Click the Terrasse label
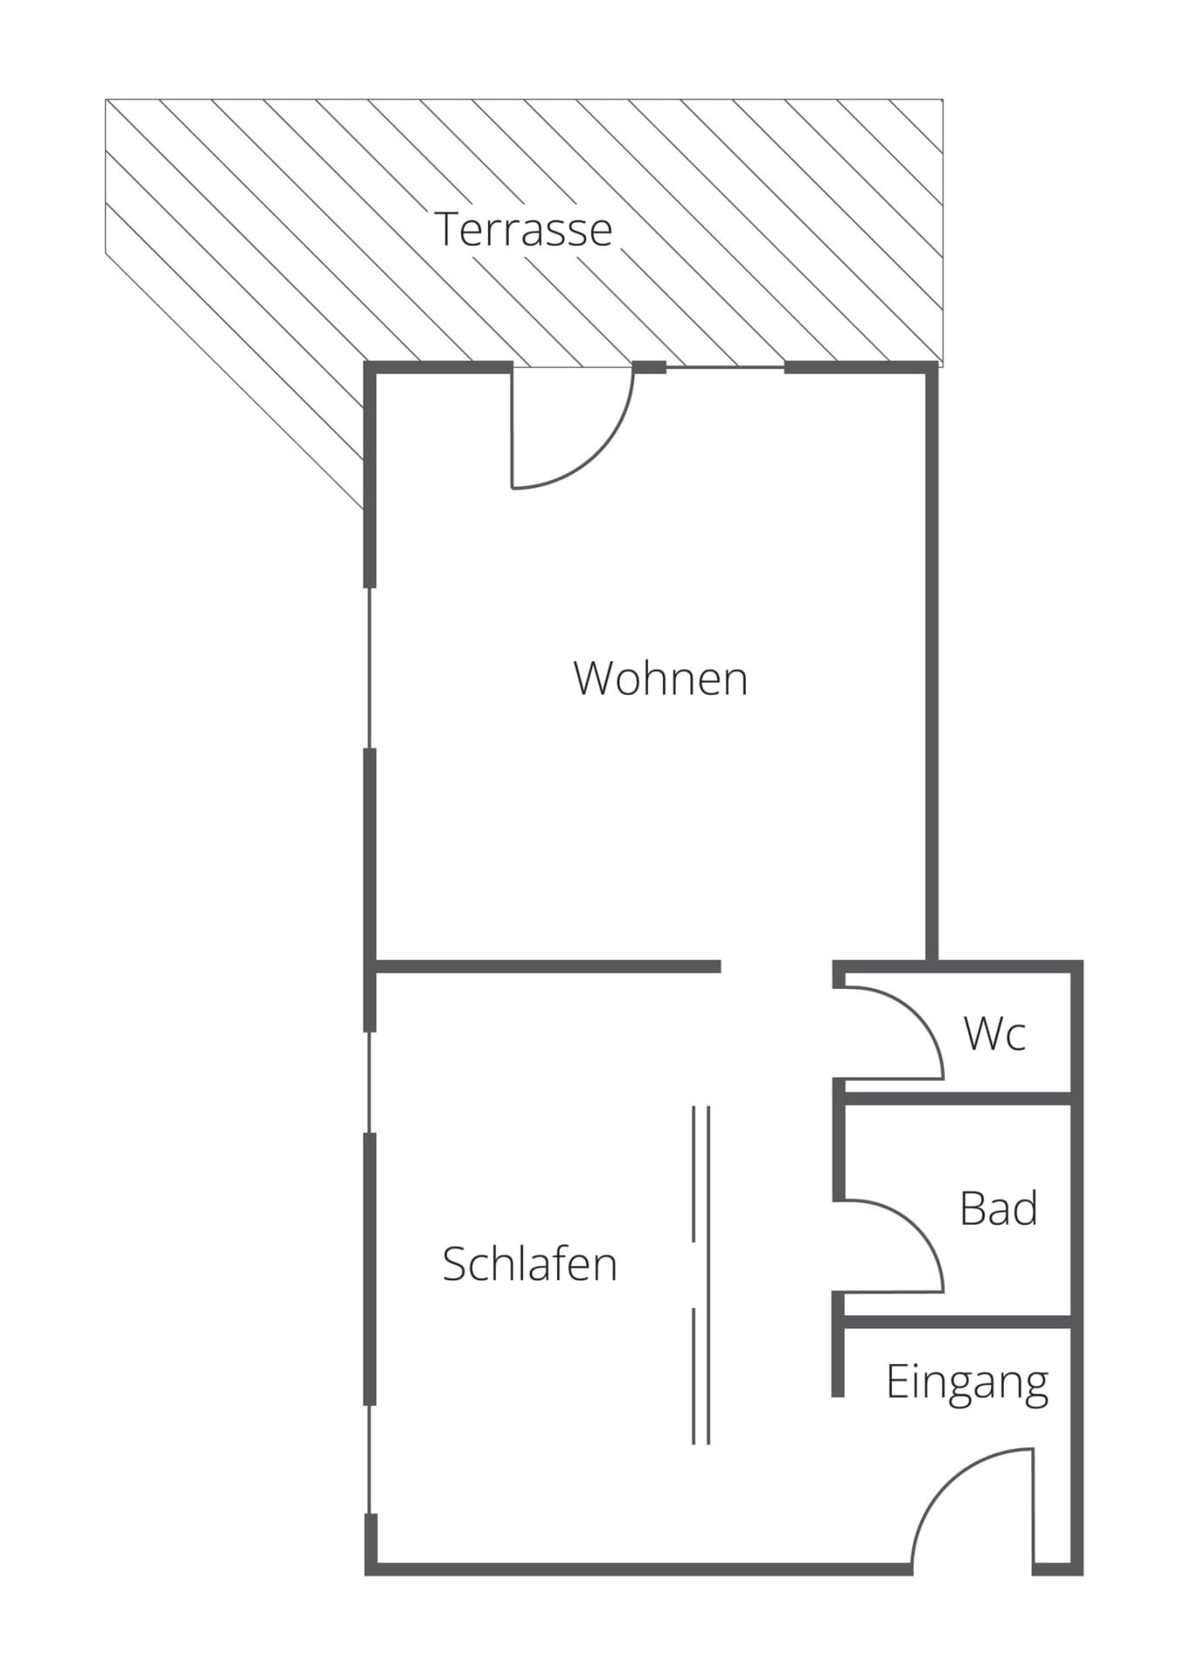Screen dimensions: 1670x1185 tap(524, 230)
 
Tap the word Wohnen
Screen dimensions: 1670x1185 tap(660, 678)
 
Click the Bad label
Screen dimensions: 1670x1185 tap(998, 1208)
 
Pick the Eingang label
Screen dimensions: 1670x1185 tap(967, 1382)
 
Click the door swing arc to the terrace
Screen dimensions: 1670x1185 tap(600, 452)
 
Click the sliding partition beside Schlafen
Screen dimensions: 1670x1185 tap(701, 1274)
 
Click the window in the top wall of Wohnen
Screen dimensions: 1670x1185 tap(725, 368)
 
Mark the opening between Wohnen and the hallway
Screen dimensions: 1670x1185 tap(776, 966)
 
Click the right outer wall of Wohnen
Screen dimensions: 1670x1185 tap(932, 661)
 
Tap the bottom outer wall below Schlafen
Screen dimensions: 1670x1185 tap(639, 1569)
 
